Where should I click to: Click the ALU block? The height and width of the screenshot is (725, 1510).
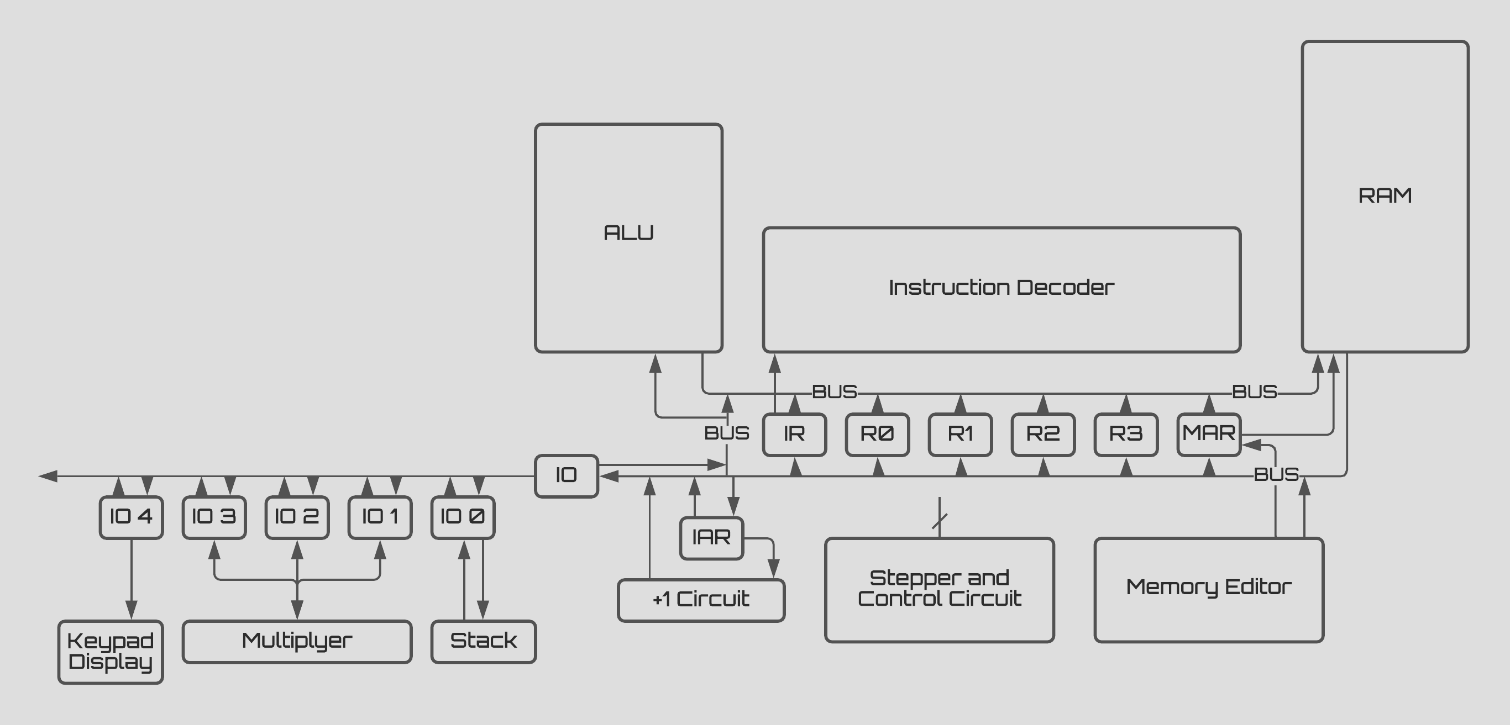628,238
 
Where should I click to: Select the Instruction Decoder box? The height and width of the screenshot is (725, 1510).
1001,290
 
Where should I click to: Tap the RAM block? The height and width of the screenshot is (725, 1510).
1385,196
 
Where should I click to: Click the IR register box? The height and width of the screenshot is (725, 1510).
794,435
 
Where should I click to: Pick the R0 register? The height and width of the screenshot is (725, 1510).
877,435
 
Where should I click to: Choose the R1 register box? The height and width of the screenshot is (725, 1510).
960,435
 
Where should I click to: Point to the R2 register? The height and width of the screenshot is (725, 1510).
1043,435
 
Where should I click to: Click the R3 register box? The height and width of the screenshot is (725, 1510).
1125,435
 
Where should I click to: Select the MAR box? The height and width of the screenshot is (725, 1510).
1209,435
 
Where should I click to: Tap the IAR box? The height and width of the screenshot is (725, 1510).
711,538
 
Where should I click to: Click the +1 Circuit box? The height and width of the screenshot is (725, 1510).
701,600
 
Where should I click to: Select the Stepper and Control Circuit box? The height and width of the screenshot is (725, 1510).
939,590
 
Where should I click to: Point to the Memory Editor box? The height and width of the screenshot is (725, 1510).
1209,590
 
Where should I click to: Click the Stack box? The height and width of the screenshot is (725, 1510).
484,642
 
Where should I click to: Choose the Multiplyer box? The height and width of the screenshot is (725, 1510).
297,642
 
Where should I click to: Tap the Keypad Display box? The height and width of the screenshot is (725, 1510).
111,652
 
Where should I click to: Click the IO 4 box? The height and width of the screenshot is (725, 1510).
132,517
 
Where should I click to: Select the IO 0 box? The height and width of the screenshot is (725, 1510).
463,517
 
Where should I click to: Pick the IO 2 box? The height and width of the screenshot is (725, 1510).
297,517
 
